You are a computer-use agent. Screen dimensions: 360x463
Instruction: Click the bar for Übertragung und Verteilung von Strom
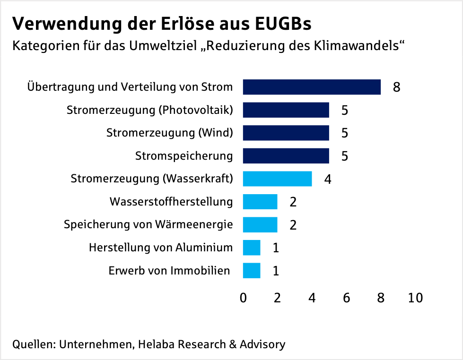(x=312, y=87)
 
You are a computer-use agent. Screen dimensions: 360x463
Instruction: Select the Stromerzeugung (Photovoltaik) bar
(x=286, y=110)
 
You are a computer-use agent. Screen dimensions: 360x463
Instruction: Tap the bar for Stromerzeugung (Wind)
(x=286, y=133)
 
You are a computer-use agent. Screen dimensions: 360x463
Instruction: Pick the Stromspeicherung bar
(x=286, y=156)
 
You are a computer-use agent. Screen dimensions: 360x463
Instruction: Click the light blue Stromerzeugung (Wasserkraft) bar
(x=277, y=179)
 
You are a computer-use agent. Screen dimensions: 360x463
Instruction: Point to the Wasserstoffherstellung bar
(x=260, y=202)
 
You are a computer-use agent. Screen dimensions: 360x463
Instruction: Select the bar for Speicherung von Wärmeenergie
(x=260, y=224)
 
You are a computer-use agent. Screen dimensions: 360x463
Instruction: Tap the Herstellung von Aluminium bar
(x=252, y=248)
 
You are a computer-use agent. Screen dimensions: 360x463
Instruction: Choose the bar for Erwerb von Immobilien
(x=252, y=271)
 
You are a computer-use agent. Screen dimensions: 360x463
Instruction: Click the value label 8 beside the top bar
(x=396, y=87)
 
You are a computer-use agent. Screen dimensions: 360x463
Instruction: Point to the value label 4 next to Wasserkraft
(x=327, y=179)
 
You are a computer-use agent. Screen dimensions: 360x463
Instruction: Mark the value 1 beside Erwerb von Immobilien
(x=276, y=271)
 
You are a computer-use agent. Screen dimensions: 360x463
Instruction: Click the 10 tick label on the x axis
(x=415, y=298)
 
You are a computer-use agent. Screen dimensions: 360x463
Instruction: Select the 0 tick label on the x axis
(x=243, y=298)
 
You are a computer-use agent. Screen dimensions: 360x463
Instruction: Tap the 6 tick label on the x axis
(x=346, y=298)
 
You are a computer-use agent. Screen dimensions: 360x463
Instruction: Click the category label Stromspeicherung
(x=184, y=156)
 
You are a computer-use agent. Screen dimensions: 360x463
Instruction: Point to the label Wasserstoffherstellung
(x=171, y=202)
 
